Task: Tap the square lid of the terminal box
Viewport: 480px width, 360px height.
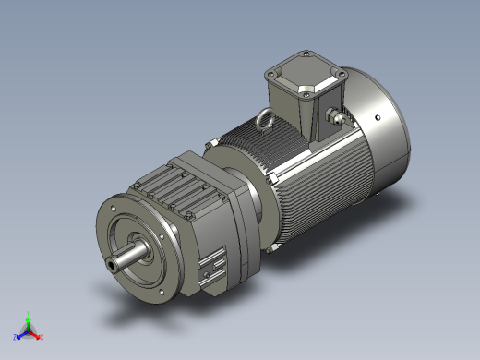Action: point(300,77)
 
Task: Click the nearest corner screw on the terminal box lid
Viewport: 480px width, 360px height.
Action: point(302,92)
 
